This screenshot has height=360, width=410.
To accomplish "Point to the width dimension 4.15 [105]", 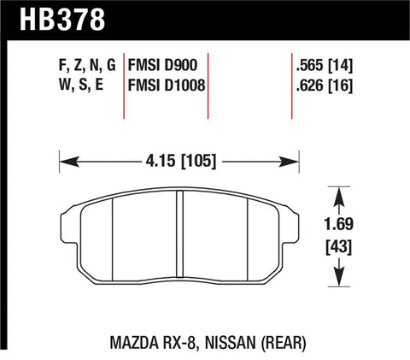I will click(179, 159).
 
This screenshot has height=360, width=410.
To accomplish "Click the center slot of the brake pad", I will click(179, 233).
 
